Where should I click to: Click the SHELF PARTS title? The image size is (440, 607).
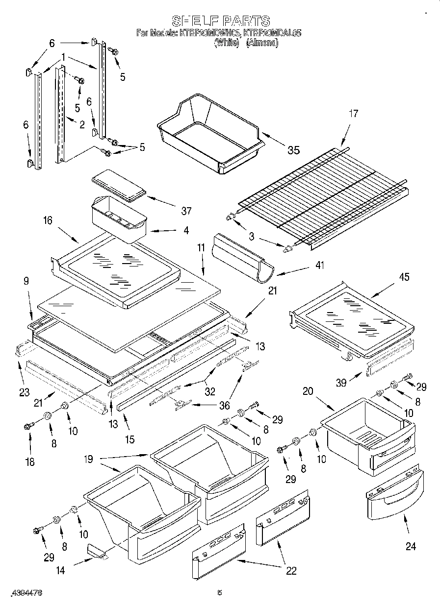[220, 21]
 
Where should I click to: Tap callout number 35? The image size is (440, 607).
[293, 150]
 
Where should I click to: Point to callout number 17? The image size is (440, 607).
[353, 114]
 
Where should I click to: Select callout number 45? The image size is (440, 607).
[404, 277]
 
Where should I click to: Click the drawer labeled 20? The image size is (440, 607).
[368, 431]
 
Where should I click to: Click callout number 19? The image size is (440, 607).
[88, 460]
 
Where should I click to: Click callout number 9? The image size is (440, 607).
[26, 281]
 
